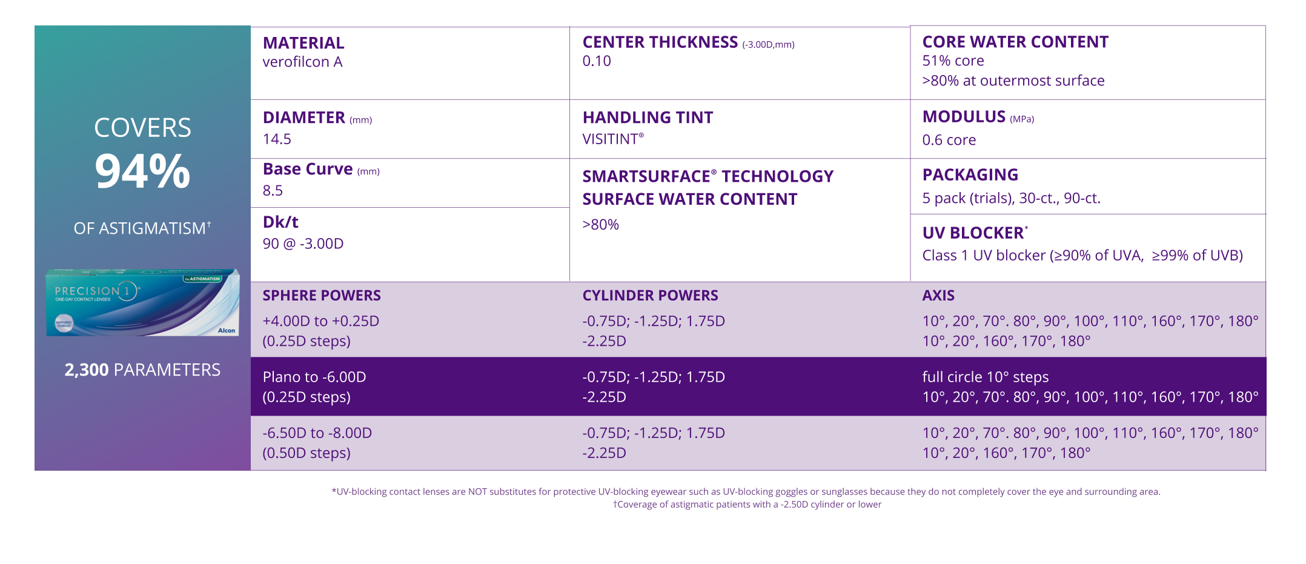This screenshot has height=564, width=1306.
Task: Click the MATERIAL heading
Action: pyautogui.click(x=303, y=43)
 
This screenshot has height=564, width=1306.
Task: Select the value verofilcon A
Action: pyautogui.click(x=302, y=62)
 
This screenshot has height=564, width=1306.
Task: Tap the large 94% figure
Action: pyautogui.click(x=142, y=171)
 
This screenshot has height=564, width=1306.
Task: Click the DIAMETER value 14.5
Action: pyautogui.click(x=277, y=139)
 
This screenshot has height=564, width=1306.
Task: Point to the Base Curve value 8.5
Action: pyautogui.click(x=273, y=191)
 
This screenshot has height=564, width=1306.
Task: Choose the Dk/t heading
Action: pyautogui.click(x=280, y=222)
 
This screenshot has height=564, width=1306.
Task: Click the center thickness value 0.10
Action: pyautogui.click(x=597, y=61)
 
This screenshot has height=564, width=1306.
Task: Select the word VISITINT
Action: pyautogui.click(x=610, y=139)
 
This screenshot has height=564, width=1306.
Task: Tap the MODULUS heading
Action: pyautogui.click(x=964, y=117)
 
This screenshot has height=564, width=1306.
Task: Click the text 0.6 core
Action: pyautogui.click(x=949, y=140)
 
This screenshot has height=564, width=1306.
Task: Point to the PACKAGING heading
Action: pyautogui.click(x=970, y=175)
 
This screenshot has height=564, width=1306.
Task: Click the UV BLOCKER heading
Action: pyautogui.click(x=973, y=233)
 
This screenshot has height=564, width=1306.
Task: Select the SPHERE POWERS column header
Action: pyautogui.click(x=322, y=296)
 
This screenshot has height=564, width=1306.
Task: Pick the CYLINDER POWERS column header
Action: pyautogui.click(x=650, y=296)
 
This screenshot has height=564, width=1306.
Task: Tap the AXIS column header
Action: pyautogui.click(x=938, y=296)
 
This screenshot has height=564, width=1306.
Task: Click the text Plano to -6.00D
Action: pyautogui.click(x=314, y=377)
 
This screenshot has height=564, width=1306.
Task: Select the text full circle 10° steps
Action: pyautogui.click(x=985, y=377)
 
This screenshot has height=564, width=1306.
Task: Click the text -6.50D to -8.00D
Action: pyautogui.click(x=317, y=433)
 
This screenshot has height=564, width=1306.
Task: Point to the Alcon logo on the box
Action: pyautogui.click(x=227, y=331)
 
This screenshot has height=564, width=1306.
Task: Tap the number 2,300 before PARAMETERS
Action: pyautogui.click(x=87, y=370)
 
